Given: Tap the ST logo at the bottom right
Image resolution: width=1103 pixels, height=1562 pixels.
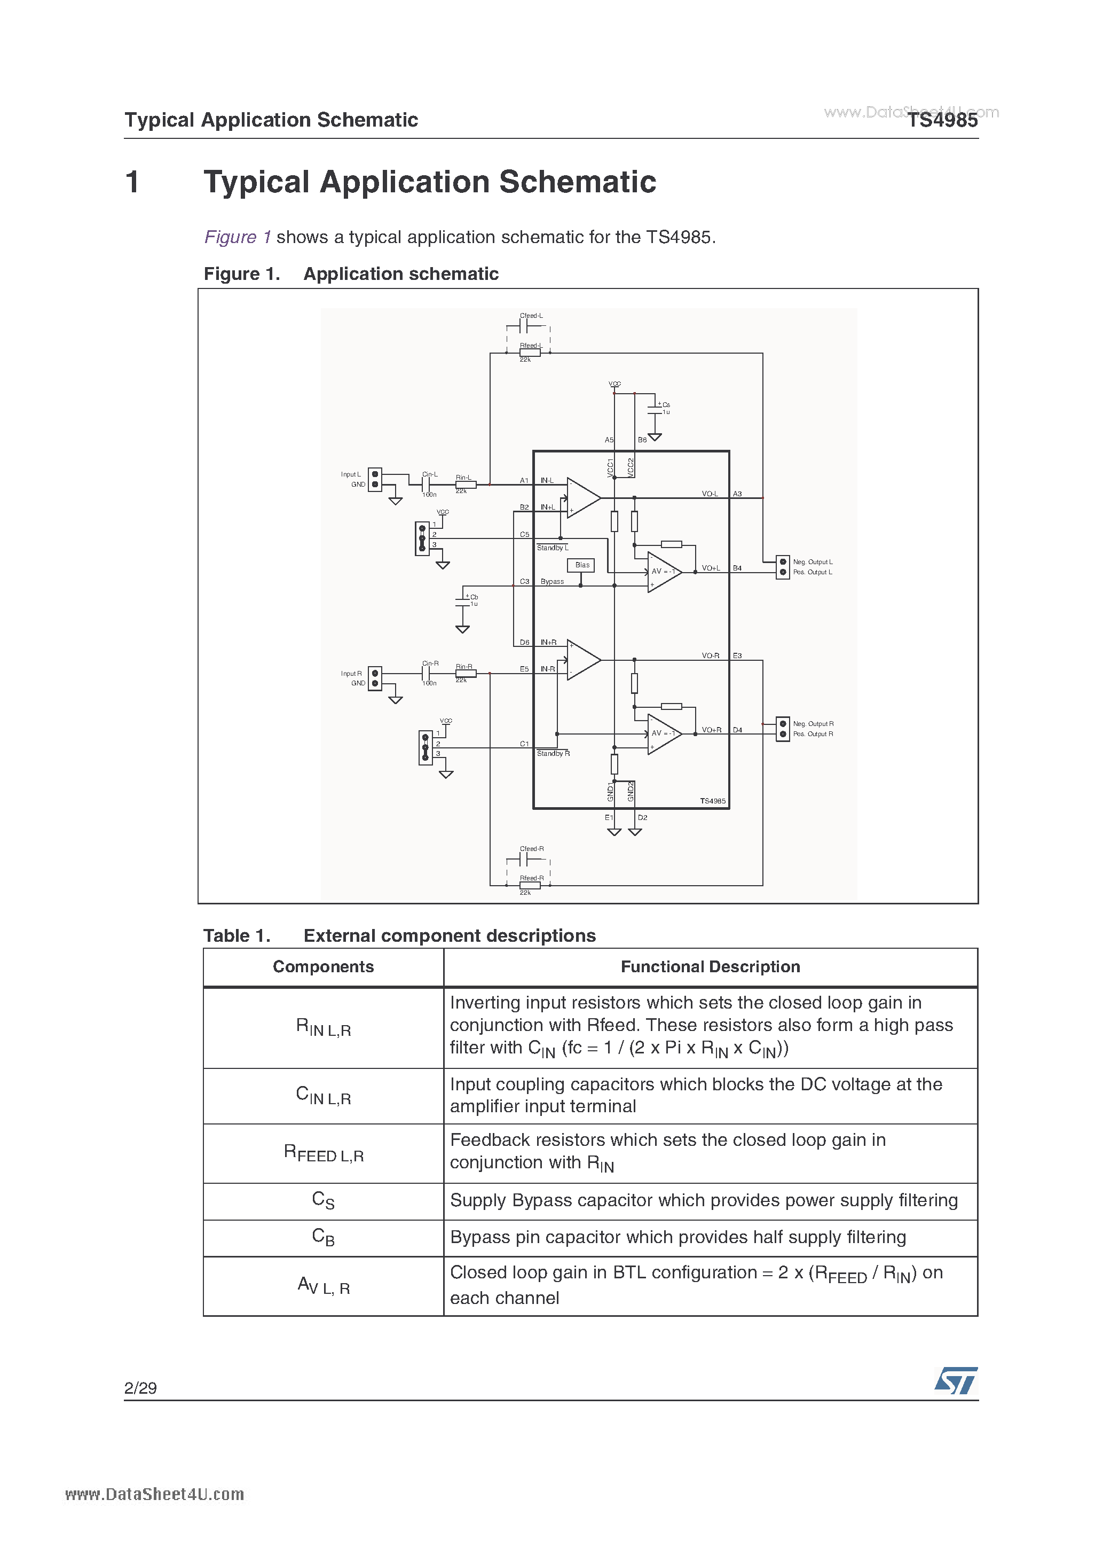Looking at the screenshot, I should pos(956,1380).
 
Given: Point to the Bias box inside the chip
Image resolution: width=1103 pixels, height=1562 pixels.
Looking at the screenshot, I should pos(581,565).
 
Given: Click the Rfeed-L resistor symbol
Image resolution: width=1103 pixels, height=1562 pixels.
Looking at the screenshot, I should pos(530,353).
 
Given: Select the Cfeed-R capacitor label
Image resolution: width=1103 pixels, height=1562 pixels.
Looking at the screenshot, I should pos(531,848).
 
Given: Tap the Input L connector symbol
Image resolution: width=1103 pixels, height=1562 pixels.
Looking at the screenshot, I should pos(375,479).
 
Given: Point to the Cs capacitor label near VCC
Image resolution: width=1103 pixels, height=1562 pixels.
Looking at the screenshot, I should pos(666,405).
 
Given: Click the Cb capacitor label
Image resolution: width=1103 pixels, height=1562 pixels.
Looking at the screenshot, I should pos(474,597).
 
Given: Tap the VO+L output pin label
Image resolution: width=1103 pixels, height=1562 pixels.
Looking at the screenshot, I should pos(711,568).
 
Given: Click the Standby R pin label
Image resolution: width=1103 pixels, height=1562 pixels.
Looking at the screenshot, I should pos(553,754).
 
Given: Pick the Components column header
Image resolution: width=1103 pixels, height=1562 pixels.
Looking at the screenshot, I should pos(323,967).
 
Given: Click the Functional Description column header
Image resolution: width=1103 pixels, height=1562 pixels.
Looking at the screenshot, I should pos(710,967).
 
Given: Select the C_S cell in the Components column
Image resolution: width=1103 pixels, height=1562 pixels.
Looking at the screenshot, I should pos(323,1201).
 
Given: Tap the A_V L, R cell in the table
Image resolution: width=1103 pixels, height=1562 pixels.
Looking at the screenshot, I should pos(323,1286).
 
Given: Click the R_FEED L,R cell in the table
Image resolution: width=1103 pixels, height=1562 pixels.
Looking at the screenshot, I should pos(323,1153).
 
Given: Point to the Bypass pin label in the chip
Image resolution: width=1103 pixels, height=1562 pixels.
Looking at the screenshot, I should pos(552,582).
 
